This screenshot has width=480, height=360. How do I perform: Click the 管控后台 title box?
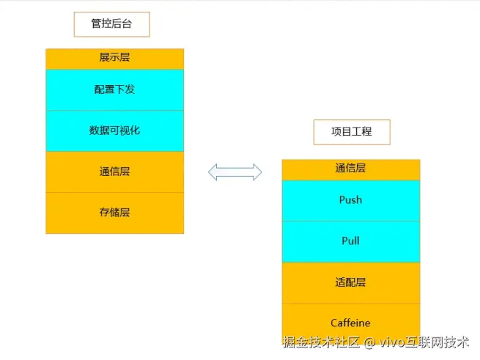(x=111, y=24)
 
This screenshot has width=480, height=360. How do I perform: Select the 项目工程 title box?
(x=351, y=132)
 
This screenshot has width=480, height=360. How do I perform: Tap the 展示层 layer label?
(x=114, y=58)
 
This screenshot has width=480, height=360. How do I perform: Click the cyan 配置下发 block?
(x=114, y=89)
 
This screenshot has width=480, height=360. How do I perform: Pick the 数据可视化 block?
(x=114, y=131)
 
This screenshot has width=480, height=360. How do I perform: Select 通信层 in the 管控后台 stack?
(x=114, y=172)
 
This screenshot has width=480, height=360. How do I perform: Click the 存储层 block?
(x=114, y=213)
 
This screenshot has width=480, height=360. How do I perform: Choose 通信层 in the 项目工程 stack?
(x=350, y=169)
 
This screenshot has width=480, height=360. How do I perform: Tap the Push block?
(x=350, y=200)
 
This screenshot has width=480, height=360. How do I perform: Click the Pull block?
(x=350, y=241)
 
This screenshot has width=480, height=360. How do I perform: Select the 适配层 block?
(x=350, y=282)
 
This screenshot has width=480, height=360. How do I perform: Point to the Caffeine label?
(x=350, y=323)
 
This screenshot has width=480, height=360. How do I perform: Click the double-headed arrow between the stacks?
(x=235, y=172)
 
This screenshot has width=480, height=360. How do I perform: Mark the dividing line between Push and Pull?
(x=350, y=221)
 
